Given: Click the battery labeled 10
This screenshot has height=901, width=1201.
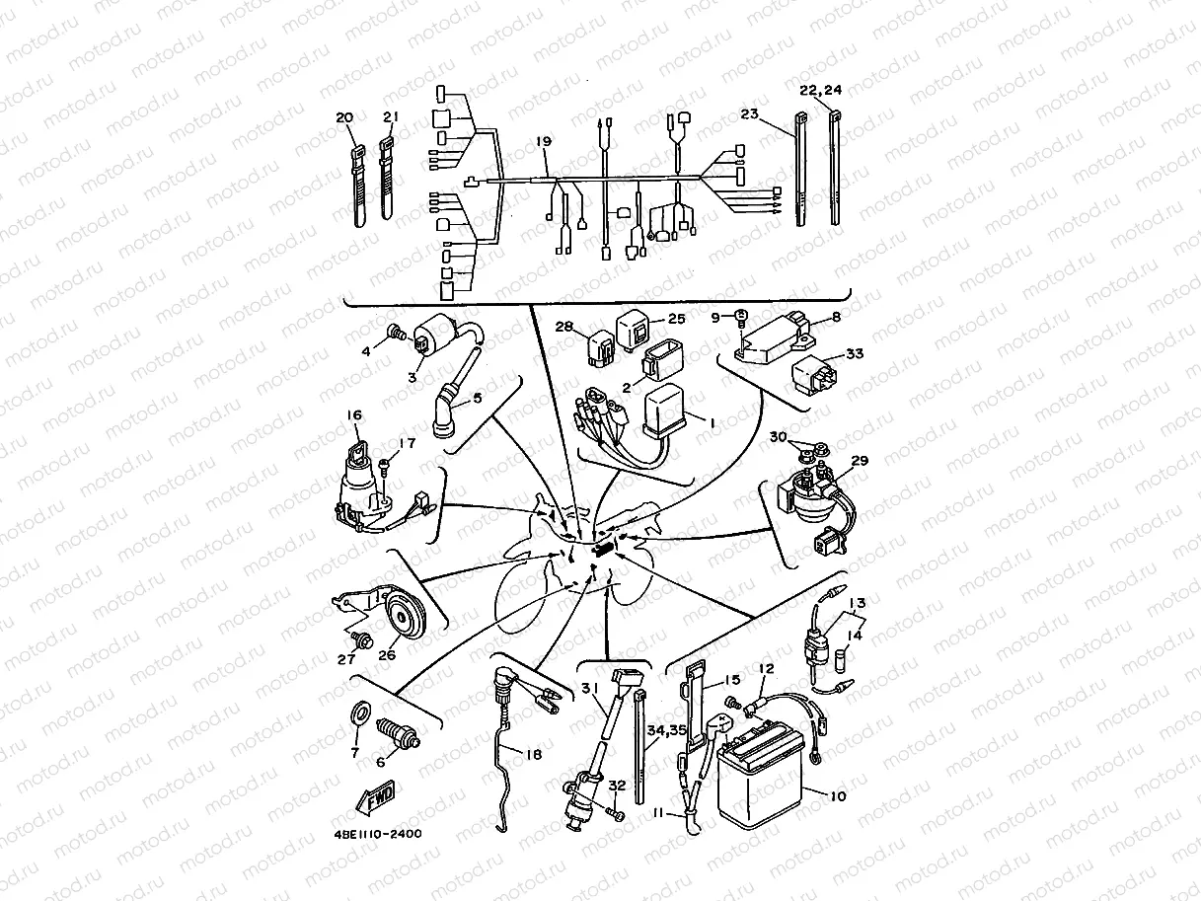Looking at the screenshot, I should point(761,785).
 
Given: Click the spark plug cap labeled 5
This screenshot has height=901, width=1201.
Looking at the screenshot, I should point(449,414).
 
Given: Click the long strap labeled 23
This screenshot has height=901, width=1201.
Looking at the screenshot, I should point(800,173).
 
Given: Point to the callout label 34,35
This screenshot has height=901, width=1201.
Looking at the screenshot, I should point(666,731).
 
